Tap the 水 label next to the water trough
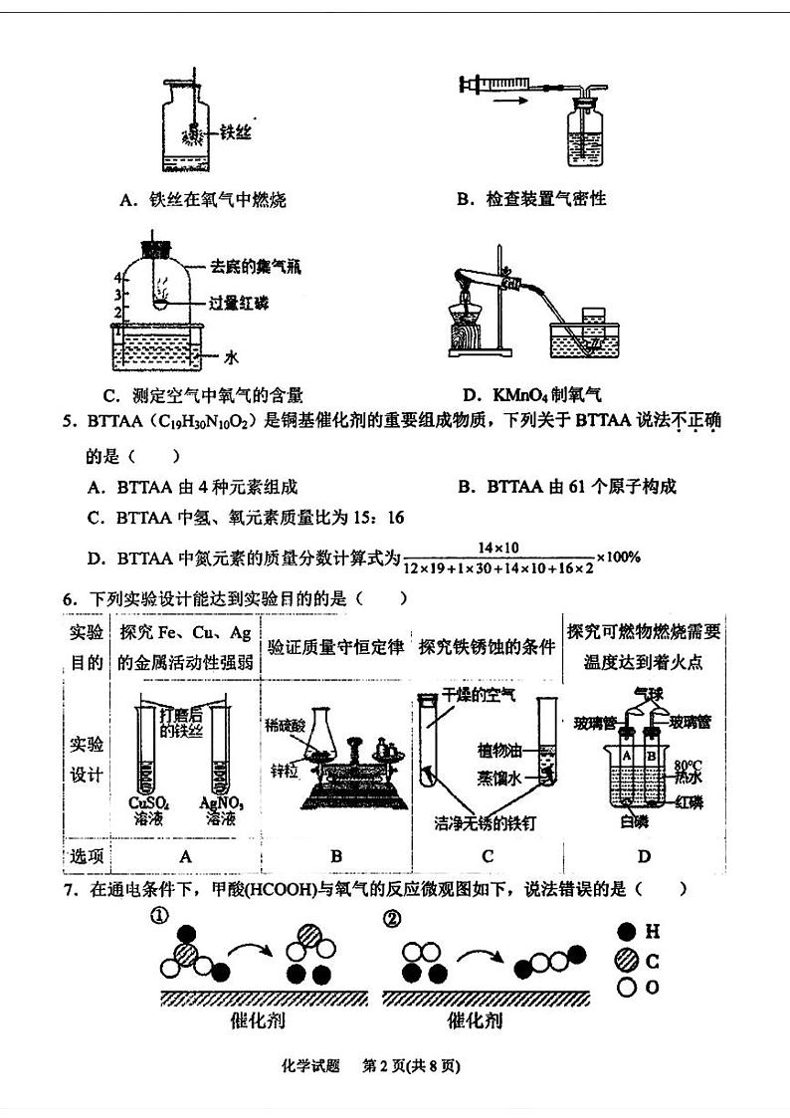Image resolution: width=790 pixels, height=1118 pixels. (x=230, y=355)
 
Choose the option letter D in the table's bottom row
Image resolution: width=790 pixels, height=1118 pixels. (x=644, y=856)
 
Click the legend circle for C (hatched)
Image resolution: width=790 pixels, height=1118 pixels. (x=627, y=960)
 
